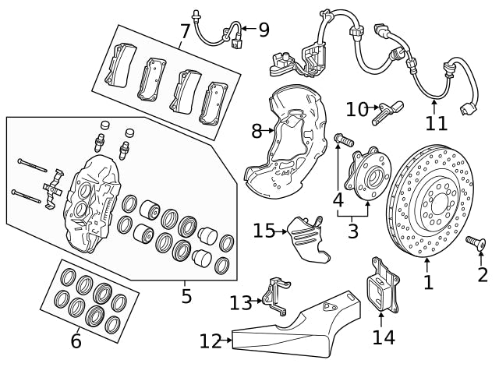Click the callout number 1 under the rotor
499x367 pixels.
point(427,281)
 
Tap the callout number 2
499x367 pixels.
point(483,274)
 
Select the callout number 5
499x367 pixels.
point(186,296)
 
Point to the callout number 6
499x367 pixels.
point(76,341)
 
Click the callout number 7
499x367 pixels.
point(185,32)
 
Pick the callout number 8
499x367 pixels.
point(257,131)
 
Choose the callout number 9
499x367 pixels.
point(264,30)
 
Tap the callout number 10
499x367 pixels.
point(357,109)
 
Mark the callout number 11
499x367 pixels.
point(437,122)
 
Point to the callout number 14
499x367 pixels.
point(384,337)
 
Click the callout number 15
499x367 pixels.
point(264,231)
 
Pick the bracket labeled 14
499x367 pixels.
point(381,286)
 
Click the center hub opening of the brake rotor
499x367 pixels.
point(430,206)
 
